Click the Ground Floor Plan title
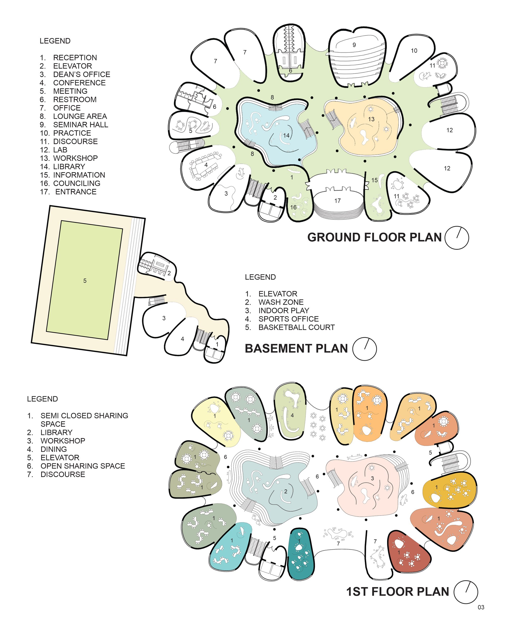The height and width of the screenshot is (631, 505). pyautogui.click(x=374, y=237)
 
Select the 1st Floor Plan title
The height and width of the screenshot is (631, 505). pyautogui.click(x=398, y=591)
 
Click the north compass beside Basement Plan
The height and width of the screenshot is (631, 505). pyautogui.click(x=364, y=349)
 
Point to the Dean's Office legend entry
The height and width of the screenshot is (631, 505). pyautogui.click(x=75, y=74)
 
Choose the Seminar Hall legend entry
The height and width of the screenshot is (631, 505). pyautogui.click(x=74, y=125)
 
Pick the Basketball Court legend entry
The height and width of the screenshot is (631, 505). pyautogui.click(x=290, y=327)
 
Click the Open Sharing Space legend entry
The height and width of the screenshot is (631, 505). pyautogui.click(x=76, y=466)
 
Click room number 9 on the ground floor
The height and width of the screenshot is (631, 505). pyautogui.click(x=354, y=45)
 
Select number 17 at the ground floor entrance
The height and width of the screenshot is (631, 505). pyautogui.click(x=338, y=201)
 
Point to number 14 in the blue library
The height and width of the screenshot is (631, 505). pyautogui.click(x=286, y=136)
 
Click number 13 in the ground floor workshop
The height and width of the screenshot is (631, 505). pyautogui.click(x=371, y=119)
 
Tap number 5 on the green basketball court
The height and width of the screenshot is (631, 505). pyautogui.click(x=85, y=281)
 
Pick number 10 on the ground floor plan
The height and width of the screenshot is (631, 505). pyautogui.click(x=414, y=51)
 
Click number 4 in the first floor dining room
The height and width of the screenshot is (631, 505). pyautogui.click(x=292, y=415)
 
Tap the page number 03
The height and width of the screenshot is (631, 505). pyautogui.click(x=481, y=607)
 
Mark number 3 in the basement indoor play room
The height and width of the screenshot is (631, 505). pyautogui.click(x=164, y=318)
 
